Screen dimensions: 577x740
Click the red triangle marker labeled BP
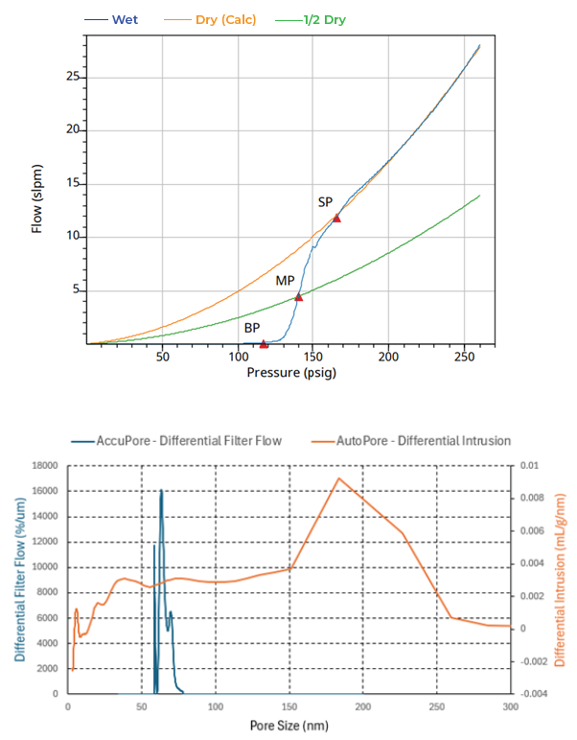point(264,344)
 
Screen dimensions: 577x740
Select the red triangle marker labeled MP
point(298,297)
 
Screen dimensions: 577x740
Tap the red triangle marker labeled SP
point(336,218)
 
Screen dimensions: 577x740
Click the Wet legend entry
point(111,20)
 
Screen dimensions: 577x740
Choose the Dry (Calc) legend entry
point(210,20)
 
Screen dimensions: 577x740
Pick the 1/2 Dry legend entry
point(311,20)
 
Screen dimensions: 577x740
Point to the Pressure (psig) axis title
point(291,373)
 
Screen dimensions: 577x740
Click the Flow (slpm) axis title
point(36,198)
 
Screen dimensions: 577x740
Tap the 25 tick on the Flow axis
point(73,77)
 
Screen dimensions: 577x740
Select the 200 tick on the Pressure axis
point(388,357)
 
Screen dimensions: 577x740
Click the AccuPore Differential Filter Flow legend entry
point(176,441)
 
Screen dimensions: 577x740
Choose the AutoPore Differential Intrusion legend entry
point(411,441)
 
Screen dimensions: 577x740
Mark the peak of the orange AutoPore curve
point(338,478)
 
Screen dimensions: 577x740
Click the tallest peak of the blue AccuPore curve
point(161,490)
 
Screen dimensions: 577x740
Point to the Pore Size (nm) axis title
point(289,726)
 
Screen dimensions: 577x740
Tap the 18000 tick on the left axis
point(45,466)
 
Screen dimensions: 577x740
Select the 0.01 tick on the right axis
point(529,466)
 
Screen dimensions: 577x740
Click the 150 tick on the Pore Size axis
point(289,706)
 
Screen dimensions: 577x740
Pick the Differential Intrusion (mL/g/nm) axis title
point(560,580)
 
